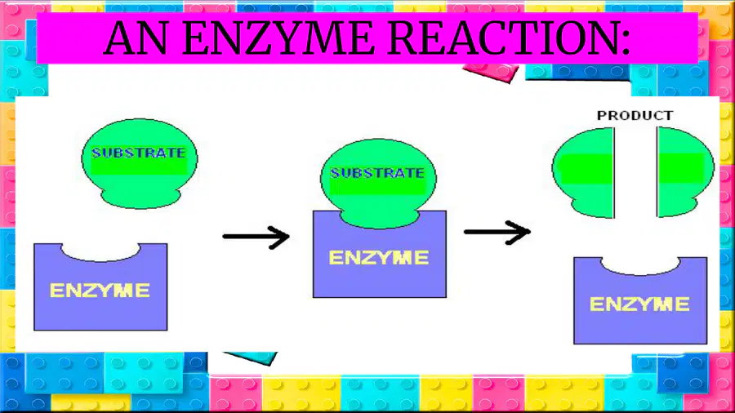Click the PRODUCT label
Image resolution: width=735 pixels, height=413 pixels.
click(x=635, y=115)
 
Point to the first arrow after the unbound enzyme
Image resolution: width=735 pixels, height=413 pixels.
click(x=256, y=237)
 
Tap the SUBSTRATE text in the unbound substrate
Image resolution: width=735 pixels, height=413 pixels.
click(x=139, y=153)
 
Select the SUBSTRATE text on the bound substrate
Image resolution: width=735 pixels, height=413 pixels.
click(x=377, y=173)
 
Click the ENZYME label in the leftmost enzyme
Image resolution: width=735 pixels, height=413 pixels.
click(x=100, y=291)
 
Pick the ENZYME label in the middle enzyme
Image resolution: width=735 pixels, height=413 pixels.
click(x=379, y=258)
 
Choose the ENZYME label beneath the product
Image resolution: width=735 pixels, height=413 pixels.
click(x=639, y=304)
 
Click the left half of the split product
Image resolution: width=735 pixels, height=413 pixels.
click(x=584, y=172)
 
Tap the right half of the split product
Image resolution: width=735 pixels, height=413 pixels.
click(x=685, y=171)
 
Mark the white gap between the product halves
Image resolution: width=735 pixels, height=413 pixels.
click(x=635, y=172)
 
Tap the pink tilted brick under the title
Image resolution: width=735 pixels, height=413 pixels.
click(x=491, y=73)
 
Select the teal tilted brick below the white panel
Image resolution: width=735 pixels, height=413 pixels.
click(x=251, y=358)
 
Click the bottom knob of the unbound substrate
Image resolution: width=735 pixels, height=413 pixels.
click(x=140, y=198)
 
